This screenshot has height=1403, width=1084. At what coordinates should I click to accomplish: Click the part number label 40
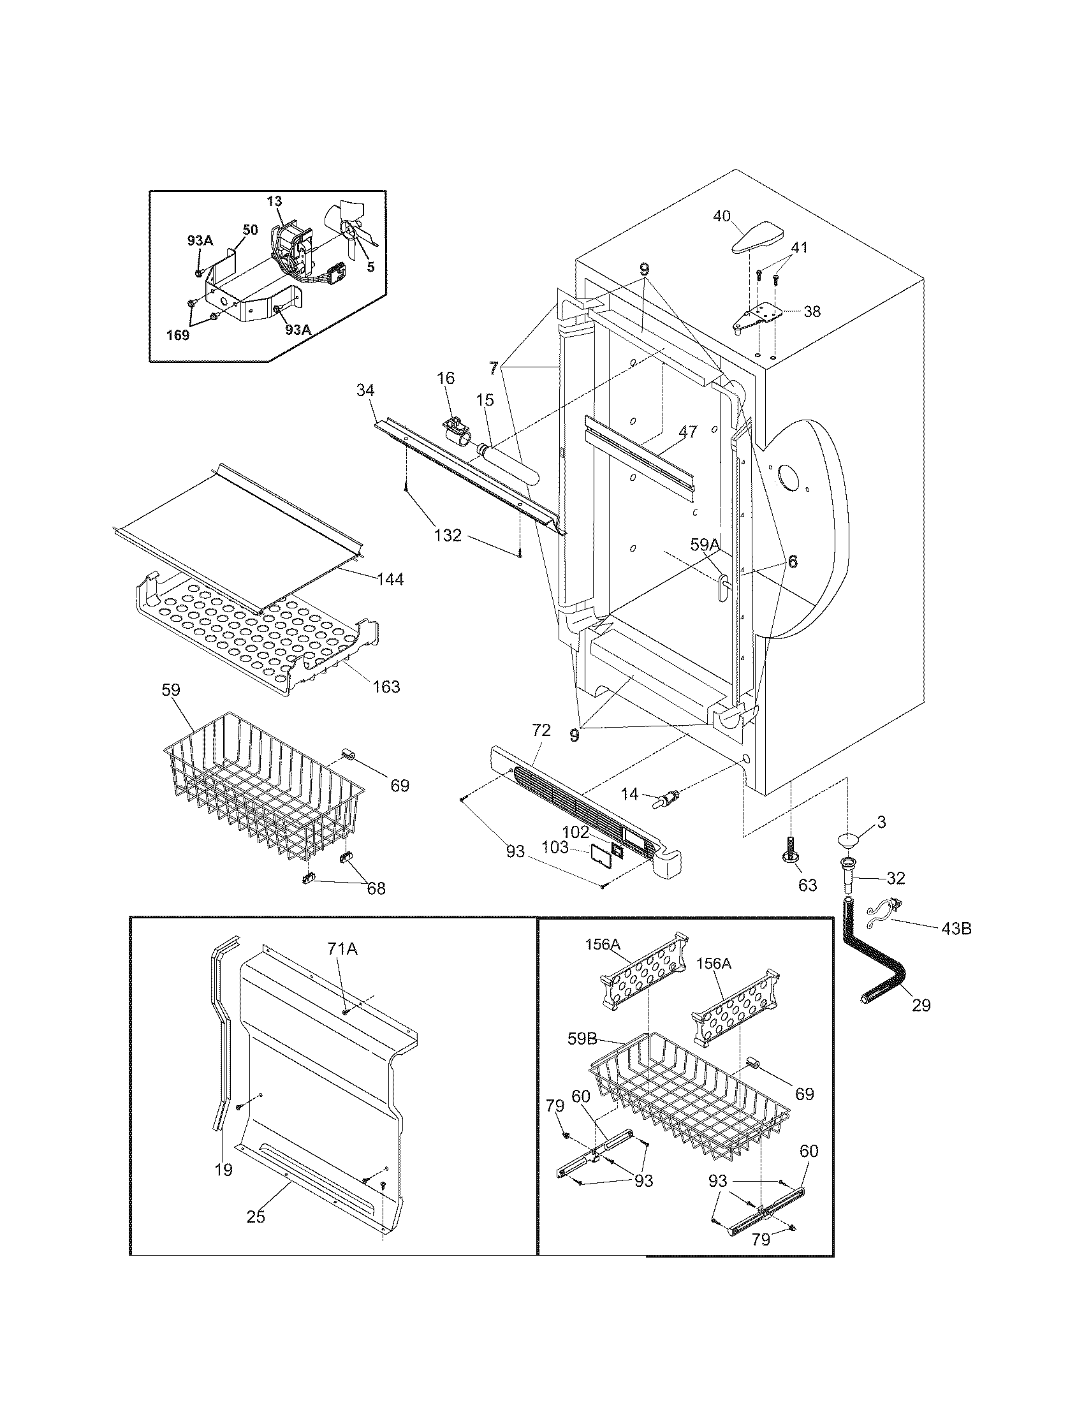[x=722, y=216]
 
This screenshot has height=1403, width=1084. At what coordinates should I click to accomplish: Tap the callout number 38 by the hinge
[x=812, y=312]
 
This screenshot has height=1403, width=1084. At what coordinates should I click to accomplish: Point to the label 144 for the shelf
[x=390, y=579]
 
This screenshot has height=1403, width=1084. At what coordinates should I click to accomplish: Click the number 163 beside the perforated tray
[x=385, y=687]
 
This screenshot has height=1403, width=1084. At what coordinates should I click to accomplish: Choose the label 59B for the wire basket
[x=583, y=1039]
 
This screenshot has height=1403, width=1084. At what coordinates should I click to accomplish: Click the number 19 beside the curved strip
[x=223, y=1170]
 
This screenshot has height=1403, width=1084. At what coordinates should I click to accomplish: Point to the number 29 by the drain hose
[x=921, y=1005]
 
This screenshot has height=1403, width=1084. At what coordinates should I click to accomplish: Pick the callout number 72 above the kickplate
[x=541, y=730]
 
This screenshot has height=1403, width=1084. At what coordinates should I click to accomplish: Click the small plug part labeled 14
[x=662, y=800]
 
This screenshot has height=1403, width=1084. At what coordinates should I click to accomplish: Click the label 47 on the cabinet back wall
[x=687, y=432]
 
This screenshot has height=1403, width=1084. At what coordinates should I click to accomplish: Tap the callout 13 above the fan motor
[x=274, y=201]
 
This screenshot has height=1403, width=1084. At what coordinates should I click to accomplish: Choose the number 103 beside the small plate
[x=555, y=848]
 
